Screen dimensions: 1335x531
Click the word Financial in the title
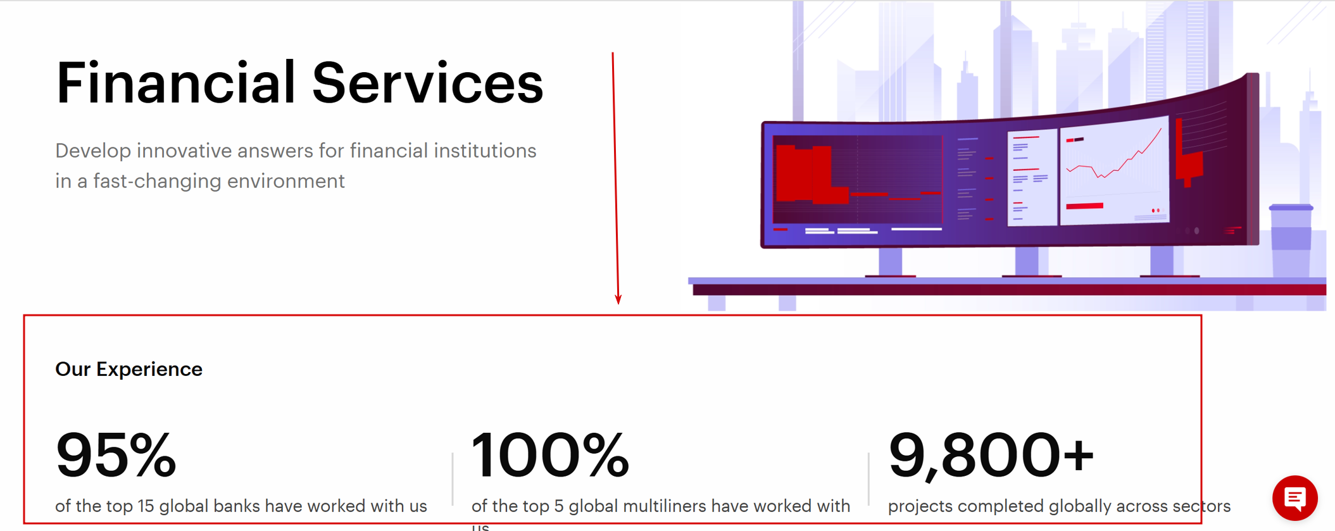pyautogui.click(x=175, y=82)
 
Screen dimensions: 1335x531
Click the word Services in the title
pyautogui.click(x=428, y=83)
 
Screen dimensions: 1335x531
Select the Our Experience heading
pyautogui.click(x=129, y=369)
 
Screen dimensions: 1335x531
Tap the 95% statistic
pyautogui.click(x=116, y=454)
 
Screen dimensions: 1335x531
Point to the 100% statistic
pyautogui.click(x=551, y=454)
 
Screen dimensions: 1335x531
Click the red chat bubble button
pyautogui.click(x=1295, y=498)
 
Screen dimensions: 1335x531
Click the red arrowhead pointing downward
pyautogui.click(x=618, y=299)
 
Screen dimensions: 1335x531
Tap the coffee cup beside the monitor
pyautogui.click(x=1291, y=241)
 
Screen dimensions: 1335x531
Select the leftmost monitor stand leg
pyautogui.click(x=890, y=263)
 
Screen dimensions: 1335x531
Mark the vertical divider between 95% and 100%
pyautogui.click(x=453, y=479)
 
